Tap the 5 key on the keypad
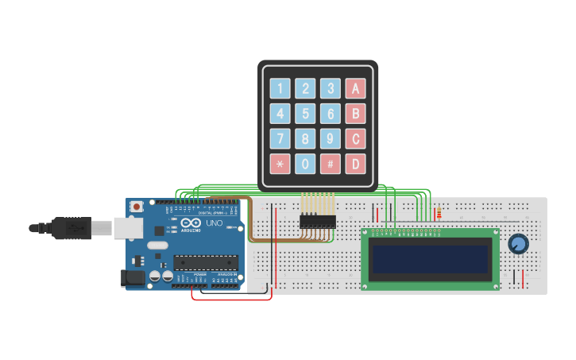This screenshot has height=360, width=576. (x=305, y=114)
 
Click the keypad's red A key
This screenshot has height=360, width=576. (x=355, y=88)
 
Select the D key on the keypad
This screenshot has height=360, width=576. (x=355, y=165)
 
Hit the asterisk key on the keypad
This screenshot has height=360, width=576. (x=280, y=165)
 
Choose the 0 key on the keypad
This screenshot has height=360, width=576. (x=305, y=165)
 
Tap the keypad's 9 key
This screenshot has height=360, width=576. (x=331, y=139)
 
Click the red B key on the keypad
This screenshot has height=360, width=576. (x=355, y=114)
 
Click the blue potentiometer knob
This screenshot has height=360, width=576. (x=518, y=244)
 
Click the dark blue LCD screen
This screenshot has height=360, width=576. (x=430, y=258)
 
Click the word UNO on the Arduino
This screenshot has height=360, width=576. (x=214, y=223)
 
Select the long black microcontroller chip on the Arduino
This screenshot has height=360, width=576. (x=206, y=261)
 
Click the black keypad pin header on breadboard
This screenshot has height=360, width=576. (x=317, y=220)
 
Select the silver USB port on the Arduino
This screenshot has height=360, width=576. (x=127, y=228)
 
